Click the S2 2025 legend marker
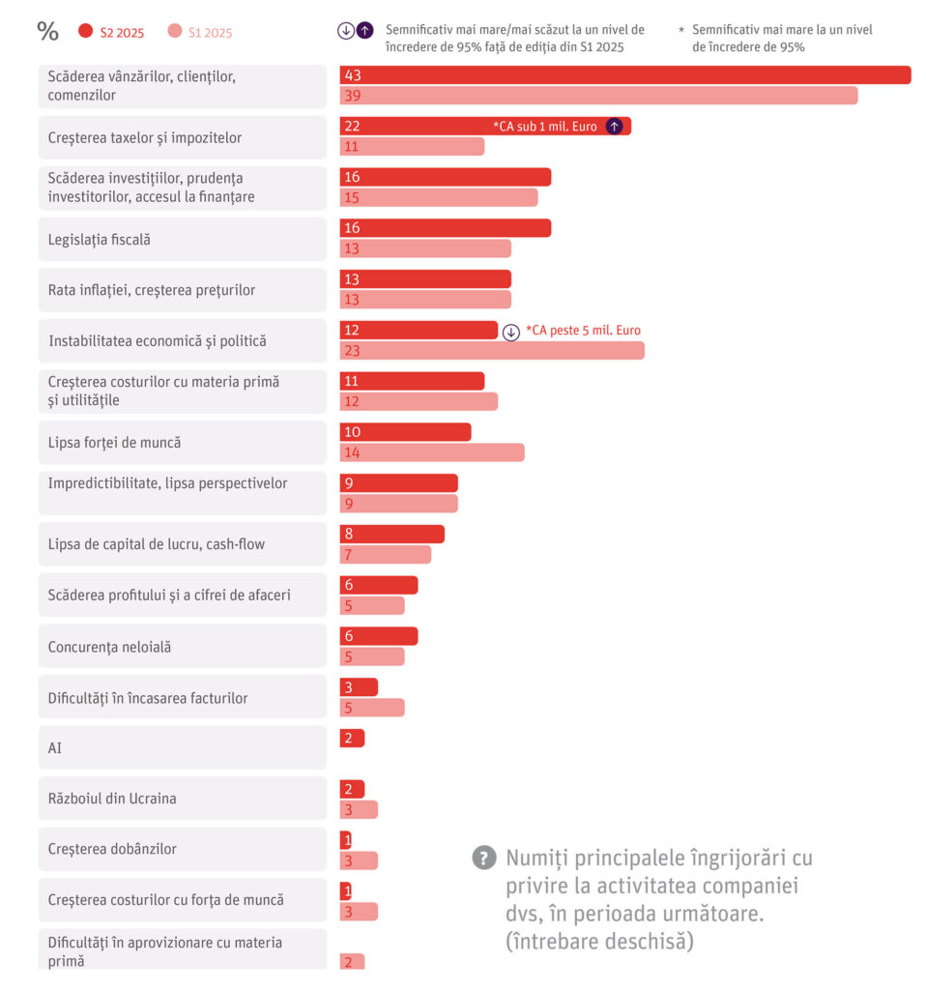coord(85,32)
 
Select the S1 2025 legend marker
coord(174,32)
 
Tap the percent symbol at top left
coord(47,31)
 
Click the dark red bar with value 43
coord(624,74)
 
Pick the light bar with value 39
coord(598,95)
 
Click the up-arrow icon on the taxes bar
coord(613,126)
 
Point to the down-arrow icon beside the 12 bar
coord(511,332)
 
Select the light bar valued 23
coord(491,350)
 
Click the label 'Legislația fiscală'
coord(100,239)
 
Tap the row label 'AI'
coord(55,748)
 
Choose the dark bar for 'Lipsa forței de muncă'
coord(405,431)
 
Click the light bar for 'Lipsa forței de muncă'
coord(431,451)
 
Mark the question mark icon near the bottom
coord(483,858)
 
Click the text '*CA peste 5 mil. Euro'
coord(583,331)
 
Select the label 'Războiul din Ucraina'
coord(112,799)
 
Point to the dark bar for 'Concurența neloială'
coord(378,635)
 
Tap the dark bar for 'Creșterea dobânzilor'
coord(346,839)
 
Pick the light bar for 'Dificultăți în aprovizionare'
coord(352,961)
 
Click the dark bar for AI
coord(352,738)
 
